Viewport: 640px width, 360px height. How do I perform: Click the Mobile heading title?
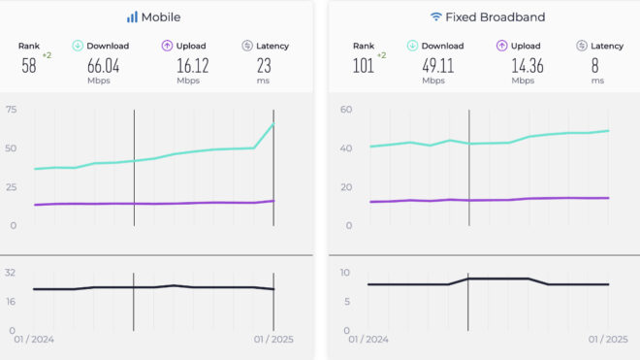161,17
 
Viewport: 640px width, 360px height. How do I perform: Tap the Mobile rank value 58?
29,65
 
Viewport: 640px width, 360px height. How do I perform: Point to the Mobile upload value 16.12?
189,65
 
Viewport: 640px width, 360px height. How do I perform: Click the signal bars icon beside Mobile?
132,17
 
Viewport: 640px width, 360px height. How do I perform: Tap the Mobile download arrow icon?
79,46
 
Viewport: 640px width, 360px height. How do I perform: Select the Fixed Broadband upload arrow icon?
502,46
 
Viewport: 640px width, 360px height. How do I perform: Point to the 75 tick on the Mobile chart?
11,111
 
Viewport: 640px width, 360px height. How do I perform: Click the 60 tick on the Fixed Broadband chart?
345,111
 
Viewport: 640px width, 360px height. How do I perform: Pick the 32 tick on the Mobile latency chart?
11,273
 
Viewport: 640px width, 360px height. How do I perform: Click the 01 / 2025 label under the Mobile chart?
273,340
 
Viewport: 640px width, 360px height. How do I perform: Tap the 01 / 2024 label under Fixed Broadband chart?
368,340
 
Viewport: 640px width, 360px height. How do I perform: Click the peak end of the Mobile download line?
273,123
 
